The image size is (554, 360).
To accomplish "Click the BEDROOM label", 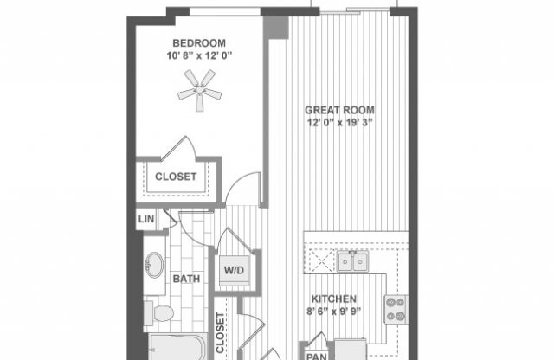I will (x=199, y=43).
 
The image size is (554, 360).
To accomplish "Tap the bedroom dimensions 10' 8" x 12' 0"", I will (x=199, y=56).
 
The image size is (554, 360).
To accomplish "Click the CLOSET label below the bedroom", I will (x=176, y=177).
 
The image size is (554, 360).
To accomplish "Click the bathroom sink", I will (x=156, y=261).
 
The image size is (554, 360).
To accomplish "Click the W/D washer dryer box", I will (x=235, y=271).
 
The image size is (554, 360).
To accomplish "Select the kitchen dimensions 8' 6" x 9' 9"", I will (x=345, y=309).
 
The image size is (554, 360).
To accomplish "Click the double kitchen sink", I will (x=352, y=260).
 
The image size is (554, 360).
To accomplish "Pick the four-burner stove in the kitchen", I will (x=395, y=309).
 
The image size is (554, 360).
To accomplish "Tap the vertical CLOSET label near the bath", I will (x=220, y=333).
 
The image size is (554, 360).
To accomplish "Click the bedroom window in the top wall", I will (x=225, y=11).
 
